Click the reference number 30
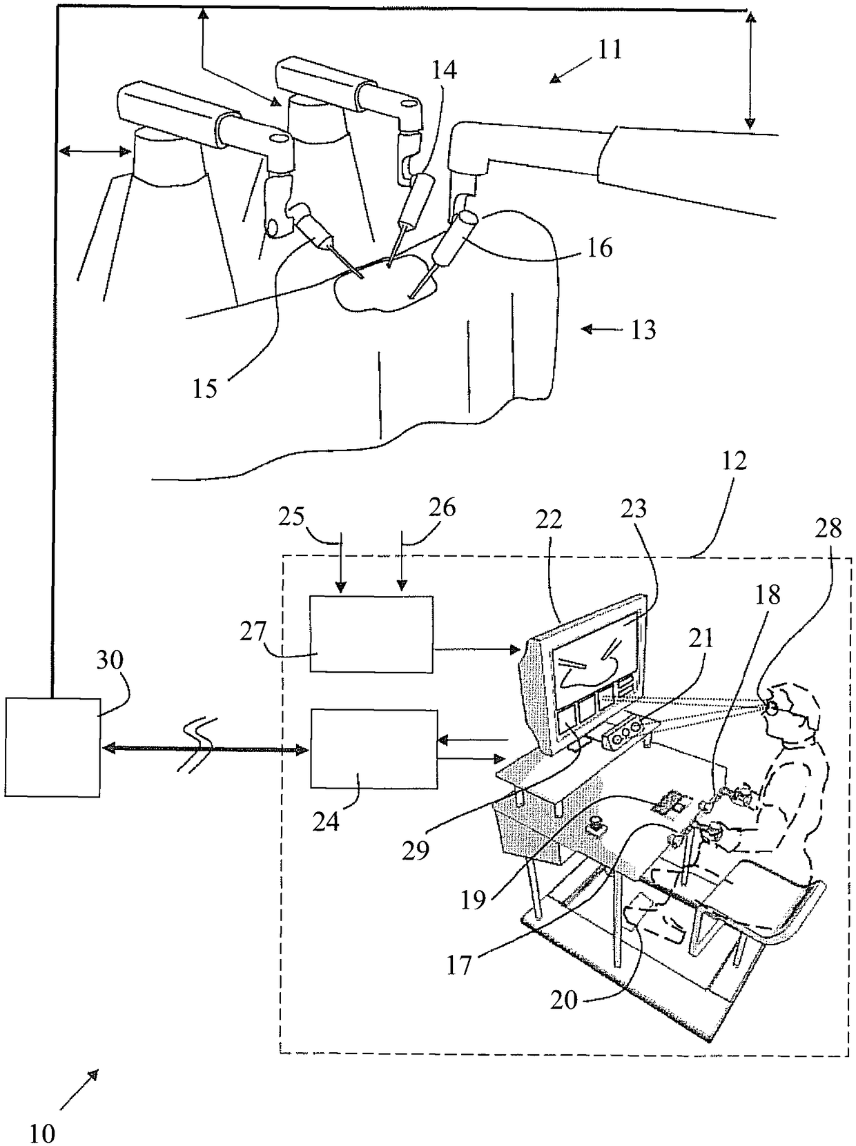[x=110, y=660]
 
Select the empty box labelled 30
[x=52, y=747]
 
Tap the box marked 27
[x=371, y=633]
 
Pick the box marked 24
[x=373, y=748]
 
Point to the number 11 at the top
[x=610, y=50]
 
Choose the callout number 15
[x=205, y=388]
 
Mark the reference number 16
[x=599, y=246]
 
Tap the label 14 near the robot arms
[x=445, y=70]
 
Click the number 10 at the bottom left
[x=43, y=1133]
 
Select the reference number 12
[x=734, y=461]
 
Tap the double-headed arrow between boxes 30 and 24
[x=204, y=748]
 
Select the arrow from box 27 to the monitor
[x=477, y=649]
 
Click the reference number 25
[x=292, y=517]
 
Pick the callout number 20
[x=564, y=999]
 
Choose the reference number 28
[x=828, y=528]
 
